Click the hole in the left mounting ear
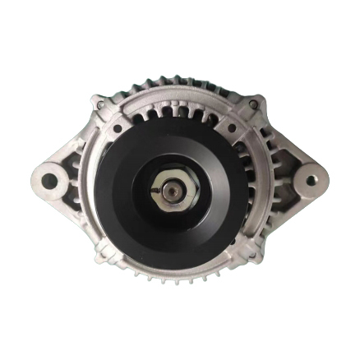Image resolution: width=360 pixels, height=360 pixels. coord(49,180)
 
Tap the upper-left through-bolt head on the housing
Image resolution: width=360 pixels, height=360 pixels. coord(99,104)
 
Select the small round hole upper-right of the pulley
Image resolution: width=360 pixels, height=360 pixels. coord(233,128)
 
